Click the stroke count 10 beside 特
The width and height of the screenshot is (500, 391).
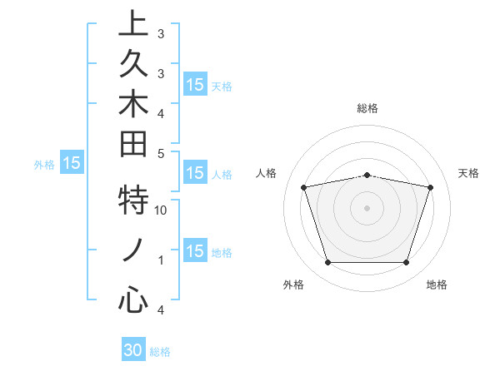point(162,210)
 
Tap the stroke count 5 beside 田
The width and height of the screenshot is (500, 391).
point(162,153)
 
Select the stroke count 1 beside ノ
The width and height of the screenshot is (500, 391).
point(162,260)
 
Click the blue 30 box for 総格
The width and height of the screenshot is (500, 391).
point(133,350)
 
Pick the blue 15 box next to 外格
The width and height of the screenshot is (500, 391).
point(72,163)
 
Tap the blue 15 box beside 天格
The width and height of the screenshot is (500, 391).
point(195,84)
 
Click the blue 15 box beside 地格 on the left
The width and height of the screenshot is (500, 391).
point(195,251)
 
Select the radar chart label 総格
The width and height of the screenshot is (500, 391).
point(367,108)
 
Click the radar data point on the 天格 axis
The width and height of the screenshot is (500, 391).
point(430,187)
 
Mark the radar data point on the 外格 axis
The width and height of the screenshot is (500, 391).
point(327,263)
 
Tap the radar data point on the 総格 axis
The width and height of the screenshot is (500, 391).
point(367,175)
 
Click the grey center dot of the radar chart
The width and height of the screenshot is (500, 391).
point(367,208)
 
